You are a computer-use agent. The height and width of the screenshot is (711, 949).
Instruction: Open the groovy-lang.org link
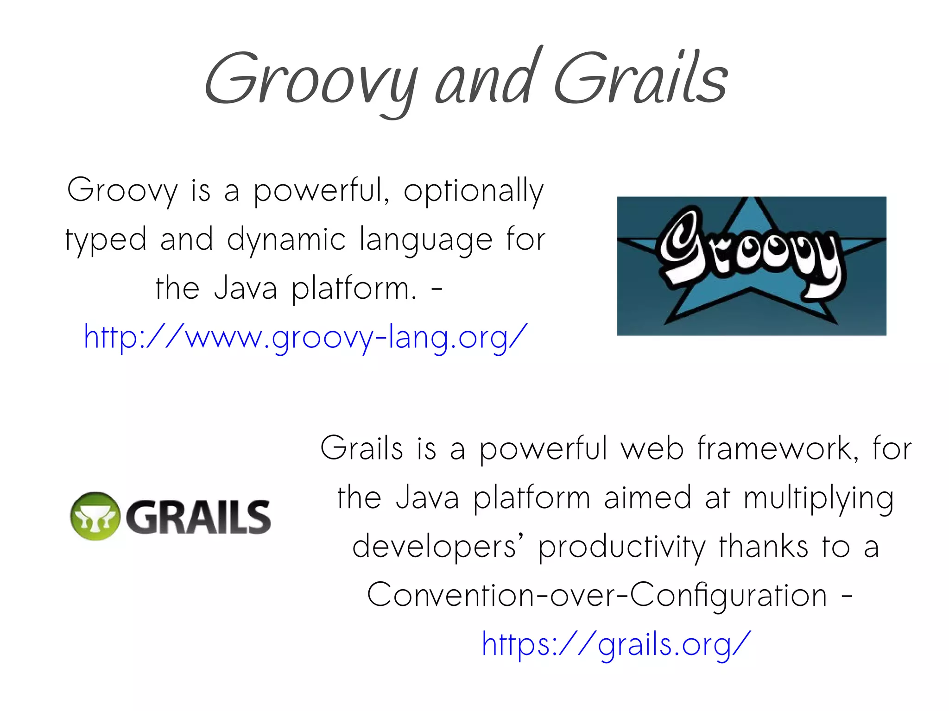point(305,337)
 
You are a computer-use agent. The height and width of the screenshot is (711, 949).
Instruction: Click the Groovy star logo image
point(751,266)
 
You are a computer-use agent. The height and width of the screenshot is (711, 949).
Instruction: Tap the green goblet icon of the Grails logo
point(95,516)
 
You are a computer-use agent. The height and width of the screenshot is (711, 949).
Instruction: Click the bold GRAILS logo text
point(198,517)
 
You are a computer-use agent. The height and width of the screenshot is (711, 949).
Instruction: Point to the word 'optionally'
point(473,191)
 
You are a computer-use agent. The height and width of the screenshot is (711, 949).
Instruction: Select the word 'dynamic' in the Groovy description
point(286,240)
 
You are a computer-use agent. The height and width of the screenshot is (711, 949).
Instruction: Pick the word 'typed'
point(106,240)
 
